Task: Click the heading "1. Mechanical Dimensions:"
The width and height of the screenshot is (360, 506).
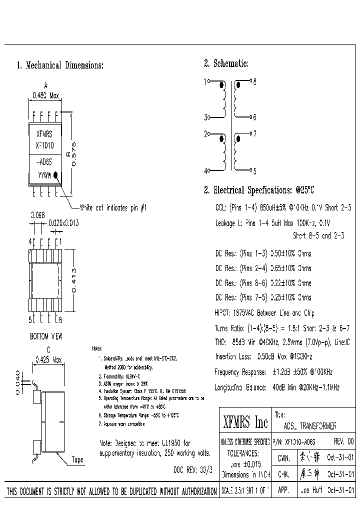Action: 60,65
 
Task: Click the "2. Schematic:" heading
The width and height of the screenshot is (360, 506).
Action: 226,63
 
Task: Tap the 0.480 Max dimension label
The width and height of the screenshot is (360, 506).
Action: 45,94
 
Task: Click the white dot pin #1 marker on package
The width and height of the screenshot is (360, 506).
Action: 57,175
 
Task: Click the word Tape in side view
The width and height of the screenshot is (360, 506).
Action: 77,459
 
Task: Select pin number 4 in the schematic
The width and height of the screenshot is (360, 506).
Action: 205,170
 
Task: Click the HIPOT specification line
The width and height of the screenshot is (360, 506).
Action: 264,313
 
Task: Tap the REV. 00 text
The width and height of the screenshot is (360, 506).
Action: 342,442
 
